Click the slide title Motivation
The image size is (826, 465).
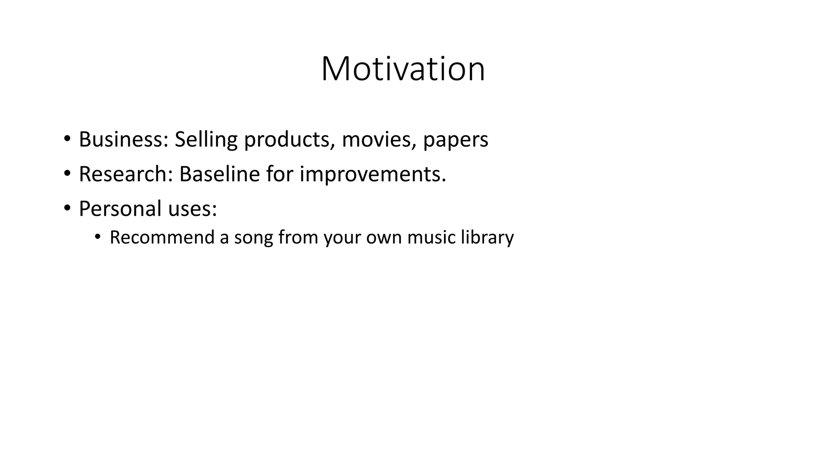point(403,69)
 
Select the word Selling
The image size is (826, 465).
point(206,139)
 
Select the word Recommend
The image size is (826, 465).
point(162,237)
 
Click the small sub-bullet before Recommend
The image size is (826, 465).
point(97,237)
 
